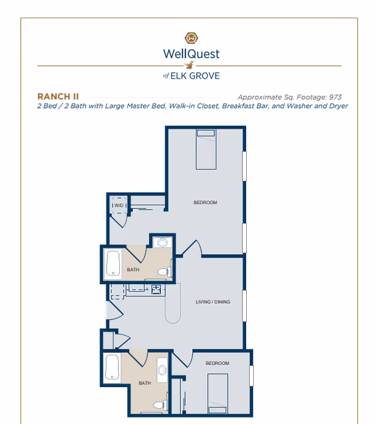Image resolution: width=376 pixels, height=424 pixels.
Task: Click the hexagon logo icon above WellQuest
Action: [x=191, y=39]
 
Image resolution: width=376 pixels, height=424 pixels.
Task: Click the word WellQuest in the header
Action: [x=191, y=54]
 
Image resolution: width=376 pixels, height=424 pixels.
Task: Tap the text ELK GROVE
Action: [x=196, y=76]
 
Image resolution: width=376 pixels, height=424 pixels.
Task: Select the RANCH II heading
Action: [x=58, y=96]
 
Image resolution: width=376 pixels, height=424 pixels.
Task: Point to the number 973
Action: [x=334, y=97]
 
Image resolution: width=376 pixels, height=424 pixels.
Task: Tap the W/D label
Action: [x=119, y=206]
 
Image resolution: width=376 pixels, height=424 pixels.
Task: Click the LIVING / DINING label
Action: [x=213, y=302]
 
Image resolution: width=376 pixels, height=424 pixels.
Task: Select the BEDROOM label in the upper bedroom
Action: [x=205, y=203]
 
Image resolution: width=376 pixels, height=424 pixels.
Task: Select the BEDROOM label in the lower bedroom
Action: [x=217, y=364]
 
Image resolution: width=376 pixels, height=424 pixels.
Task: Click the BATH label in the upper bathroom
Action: [x=132, y=270]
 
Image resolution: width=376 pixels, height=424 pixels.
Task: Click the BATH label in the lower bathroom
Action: [x=145, y=383]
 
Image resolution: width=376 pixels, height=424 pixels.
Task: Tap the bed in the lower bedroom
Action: [x=217, y=392]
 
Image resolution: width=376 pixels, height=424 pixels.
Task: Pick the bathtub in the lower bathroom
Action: [x=112, y=368]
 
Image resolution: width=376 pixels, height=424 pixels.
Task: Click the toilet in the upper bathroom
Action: [x=164, y=272]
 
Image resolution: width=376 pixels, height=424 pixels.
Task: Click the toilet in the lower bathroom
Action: [x=159, y=405]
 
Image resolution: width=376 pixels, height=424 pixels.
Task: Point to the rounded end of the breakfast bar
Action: [x=173, y=316]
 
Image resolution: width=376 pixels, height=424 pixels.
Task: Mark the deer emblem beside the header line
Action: [x=189, y=66]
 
